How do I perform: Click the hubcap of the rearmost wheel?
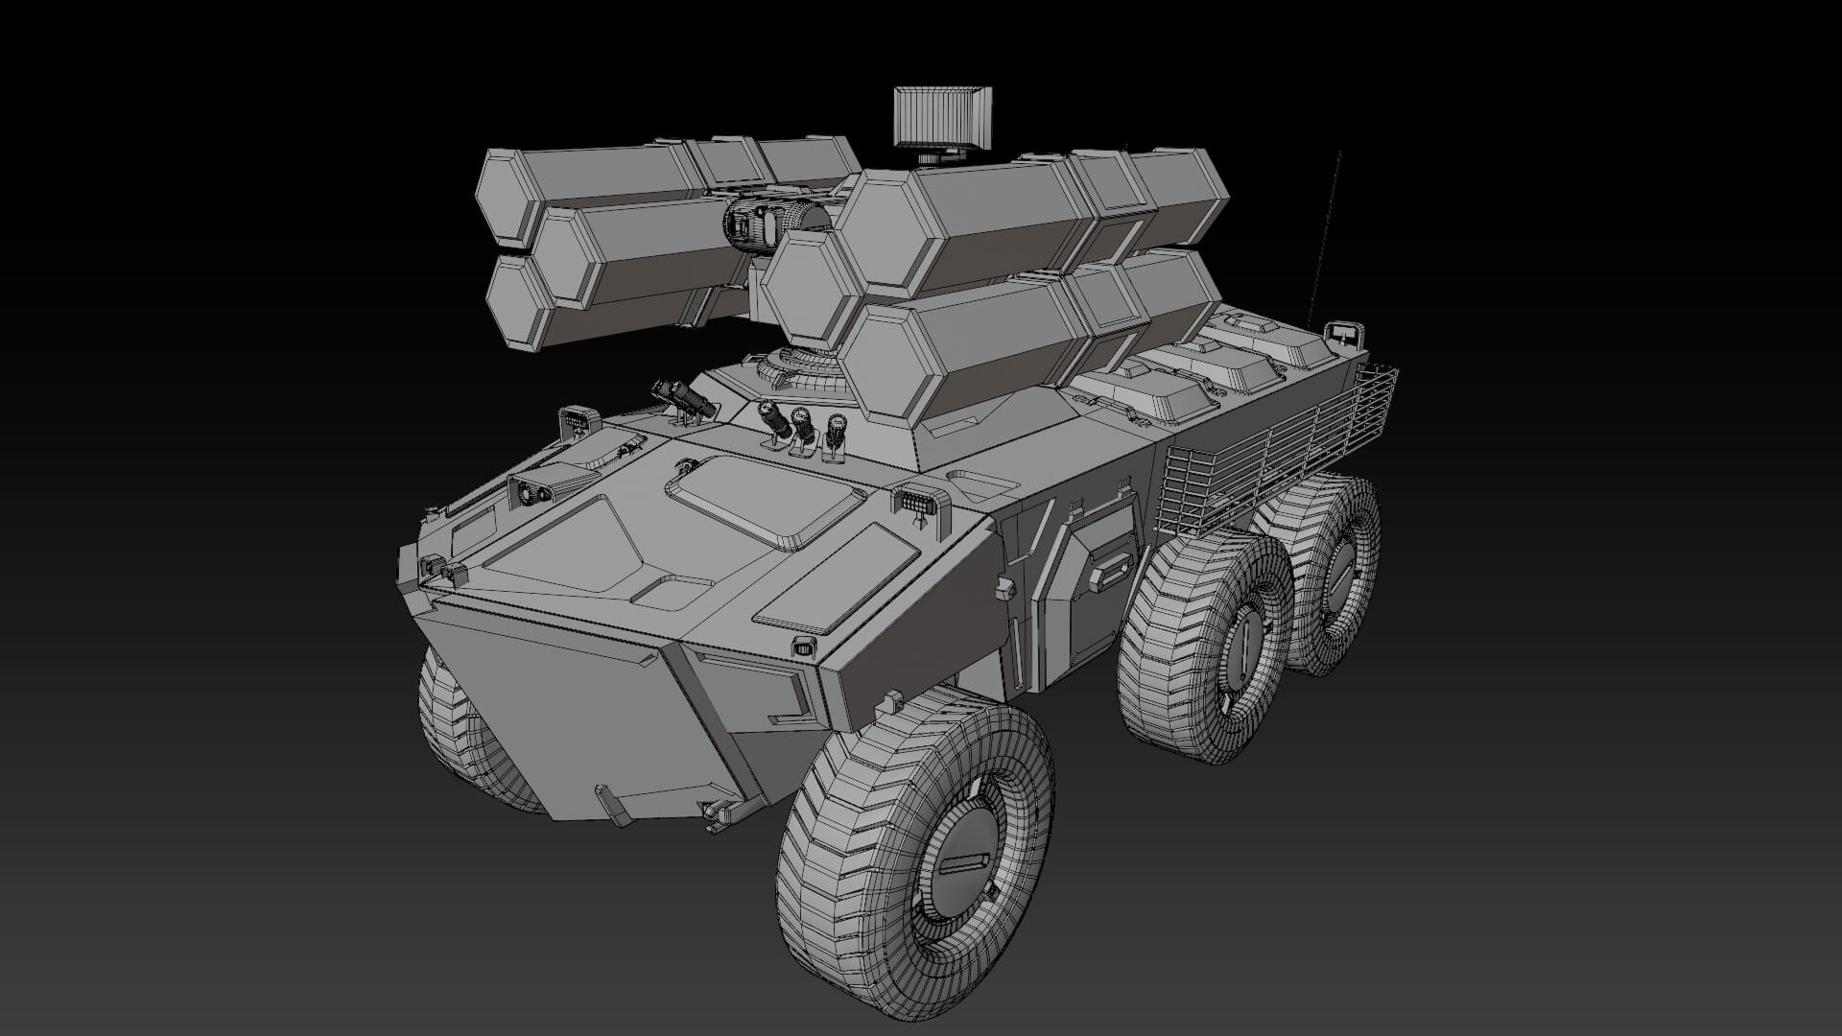click(x=1339, y=576)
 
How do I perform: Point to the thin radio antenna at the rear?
click(x=1322, y=240)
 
